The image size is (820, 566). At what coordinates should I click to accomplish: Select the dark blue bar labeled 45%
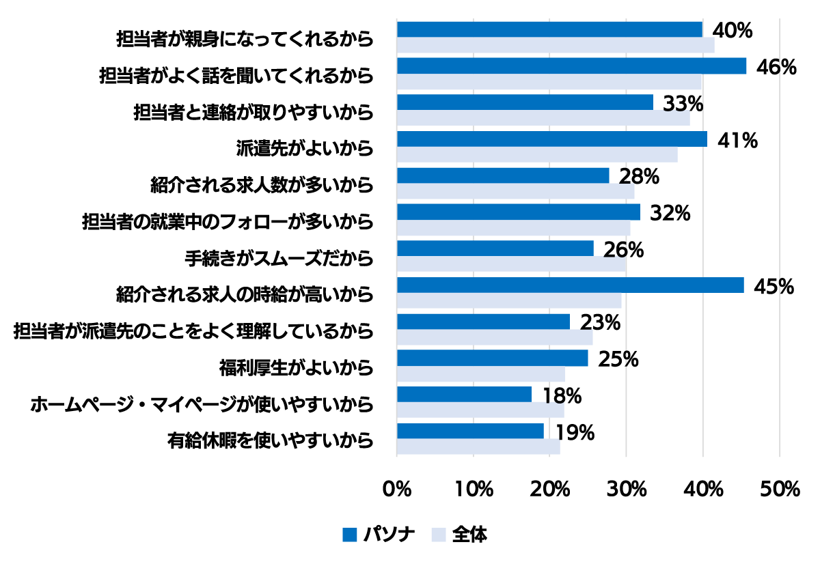(x=570, y=285)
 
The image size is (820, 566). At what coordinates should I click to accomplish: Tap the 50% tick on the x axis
(x=780, y=490)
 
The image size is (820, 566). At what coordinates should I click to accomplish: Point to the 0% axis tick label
(x=397, y=490)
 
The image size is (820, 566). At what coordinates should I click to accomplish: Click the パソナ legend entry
(x=379, y=535)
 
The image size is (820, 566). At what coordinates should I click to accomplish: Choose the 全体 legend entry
(x=460, y=535)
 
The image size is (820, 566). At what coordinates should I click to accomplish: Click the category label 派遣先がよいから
(x=305, y=147)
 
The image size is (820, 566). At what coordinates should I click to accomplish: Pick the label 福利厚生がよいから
(x=296, y=369)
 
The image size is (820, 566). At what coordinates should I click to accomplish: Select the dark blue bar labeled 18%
(x=464, y=395)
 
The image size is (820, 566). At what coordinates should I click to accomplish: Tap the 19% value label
(x=574, y=433)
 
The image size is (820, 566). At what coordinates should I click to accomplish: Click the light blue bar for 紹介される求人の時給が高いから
(x=509, y=300)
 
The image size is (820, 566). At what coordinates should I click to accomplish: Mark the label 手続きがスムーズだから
(x=279, y=259)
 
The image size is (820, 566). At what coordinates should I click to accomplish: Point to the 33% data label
(x=683, y=104)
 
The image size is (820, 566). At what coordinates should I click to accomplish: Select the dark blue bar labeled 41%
(x=552, y=139)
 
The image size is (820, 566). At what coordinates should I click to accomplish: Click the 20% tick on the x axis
(x=551, y=490)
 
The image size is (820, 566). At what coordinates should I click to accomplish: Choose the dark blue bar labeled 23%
(x=483, y=322)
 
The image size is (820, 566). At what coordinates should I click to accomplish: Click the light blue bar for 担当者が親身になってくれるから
(x=556, y=45)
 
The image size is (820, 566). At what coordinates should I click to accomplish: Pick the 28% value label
(x=639, y=178)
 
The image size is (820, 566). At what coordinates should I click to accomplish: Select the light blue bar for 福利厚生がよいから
(x=481, y=374)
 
